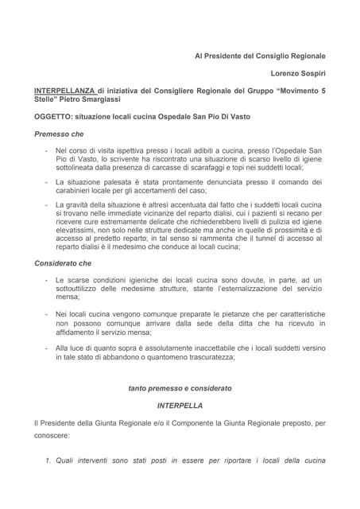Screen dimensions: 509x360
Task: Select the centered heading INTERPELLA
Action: (x=180, y=405)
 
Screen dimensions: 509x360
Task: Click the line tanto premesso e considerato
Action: (x=180, y=388)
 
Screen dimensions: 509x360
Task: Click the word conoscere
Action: (x=52, y=436)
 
